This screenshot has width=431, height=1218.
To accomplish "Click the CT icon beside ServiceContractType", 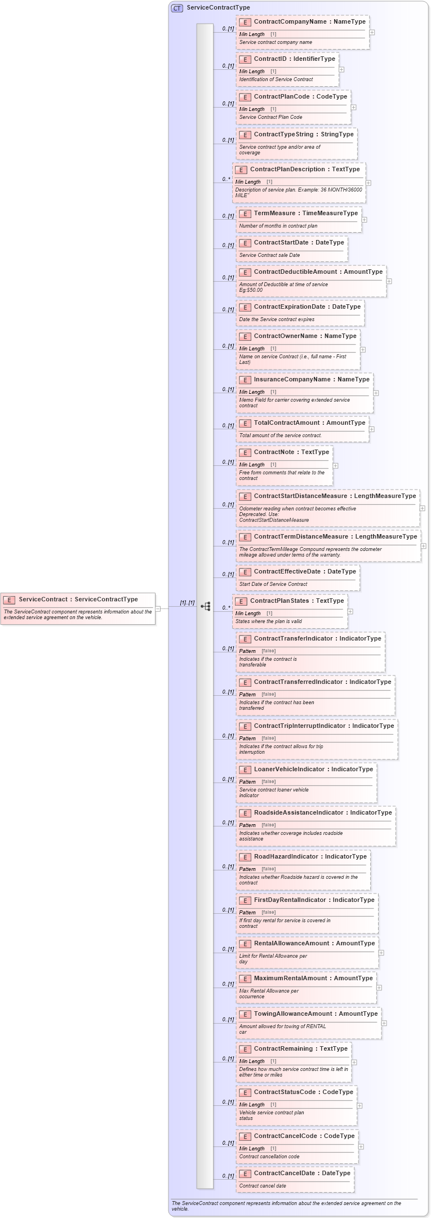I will click(x=177, y=8).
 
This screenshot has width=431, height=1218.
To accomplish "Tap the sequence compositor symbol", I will click(x=206, y=607).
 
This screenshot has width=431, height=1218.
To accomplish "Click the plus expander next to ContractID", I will click(x=341, y=70).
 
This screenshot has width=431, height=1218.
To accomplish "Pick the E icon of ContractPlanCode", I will click(x=245, y=97).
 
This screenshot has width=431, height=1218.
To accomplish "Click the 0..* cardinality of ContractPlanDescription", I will click(x=226, y=179).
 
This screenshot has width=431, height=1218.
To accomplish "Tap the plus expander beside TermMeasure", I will click(x=364, y=220).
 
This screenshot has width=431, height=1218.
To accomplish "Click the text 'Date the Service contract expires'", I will click(x=277, y=319).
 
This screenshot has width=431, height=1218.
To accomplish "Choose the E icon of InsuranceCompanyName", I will click(x=245, y=380).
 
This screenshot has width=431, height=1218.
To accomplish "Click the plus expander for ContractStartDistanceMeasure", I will click(x=422, y=508).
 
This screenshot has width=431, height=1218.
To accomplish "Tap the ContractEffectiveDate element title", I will click(x=305, y=571).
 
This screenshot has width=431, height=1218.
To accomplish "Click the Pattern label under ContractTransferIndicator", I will click(x=247, y=651).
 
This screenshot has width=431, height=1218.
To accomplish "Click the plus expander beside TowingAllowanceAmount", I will click(x=384, y=1023).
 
